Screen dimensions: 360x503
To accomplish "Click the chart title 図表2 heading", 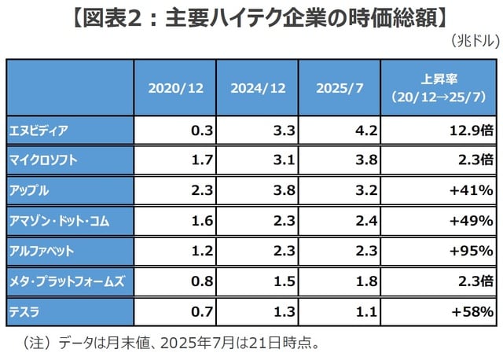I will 251,17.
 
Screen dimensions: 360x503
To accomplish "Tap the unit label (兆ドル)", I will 475,40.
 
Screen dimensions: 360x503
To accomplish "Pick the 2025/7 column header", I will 340,86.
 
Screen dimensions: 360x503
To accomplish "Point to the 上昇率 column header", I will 439,86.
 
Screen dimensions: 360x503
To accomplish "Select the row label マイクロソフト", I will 44,160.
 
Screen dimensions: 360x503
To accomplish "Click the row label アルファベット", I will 44,252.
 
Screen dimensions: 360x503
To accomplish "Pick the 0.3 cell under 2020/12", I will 202,129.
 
